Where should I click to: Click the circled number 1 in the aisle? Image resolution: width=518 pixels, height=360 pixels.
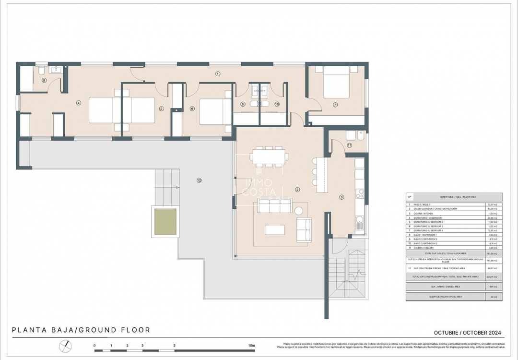(x=217, y=74)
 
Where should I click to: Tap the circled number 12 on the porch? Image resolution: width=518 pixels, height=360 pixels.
(x=199, y=180)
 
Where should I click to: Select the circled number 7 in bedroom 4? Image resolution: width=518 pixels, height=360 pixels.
(x=335, y=105)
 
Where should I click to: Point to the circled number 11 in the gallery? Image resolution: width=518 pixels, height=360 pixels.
(x=350, y=145)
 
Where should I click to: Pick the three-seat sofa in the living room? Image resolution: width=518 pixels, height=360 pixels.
(x=274, y=205)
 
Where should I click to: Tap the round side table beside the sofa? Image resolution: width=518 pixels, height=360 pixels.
(x=299, y=210)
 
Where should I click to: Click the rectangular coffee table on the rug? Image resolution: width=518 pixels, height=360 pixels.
(x=274, y=229)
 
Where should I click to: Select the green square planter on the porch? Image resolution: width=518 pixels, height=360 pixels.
(x=165, y=221)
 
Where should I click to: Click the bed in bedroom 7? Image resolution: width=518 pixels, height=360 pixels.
(x=336, y=81)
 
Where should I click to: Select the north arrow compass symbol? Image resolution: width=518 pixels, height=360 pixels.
(x=66, y=346)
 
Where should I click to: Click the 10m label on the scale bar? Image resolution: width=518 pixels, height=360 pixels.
(x=251, y=345)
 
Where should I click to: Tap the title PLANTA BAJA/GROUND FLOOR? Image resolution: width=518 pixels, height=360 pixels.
(x=81, y=330)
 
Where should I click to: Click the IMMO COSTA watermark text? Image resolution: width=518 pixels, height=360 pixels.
(x=259, y=187)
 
